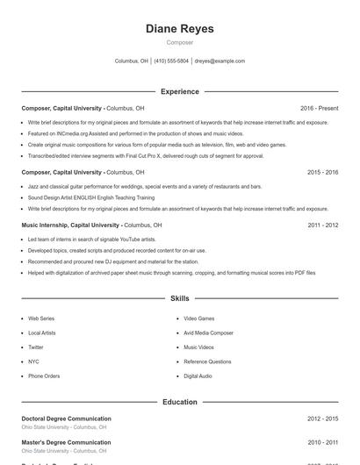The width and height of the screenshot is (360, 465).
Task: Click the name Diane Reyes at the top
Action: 179,28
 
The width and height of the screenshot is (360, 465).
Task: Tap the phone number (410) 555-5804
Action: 171,61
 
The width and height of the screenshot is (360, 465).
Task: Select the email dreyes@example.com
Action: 220,61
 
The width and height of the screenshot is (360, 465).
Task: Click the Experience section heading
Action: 179,91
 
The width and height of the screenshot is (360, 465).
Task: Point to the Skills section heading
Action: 179,299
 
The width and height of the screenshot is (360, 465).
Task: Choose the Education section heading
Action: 179,402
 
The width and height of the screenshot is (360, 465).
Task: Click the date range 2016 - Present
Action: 319,108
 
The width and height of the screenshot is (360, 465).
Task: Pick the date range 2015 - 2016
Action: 322,173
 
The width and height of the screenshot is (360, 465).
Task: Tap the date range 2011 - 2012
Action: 322,225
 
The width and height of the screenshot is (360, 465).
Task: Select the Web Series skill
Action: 41,318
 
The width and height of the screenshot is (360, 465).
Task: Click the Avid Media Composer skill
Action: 208,333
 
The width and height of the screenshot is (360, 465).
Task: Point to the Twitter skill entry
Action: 35,347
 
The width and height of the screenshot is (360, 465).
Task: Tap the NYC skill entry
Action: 33,361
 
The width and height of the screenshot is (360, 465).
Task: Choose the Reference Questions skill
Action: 207,361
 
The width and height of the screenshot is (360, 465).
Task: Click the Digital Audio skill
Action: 198,376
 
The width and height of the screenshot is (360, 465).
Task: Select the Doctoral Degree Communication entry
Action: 66,419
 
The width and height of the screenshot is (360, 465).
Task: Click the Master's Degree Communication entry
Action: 66,443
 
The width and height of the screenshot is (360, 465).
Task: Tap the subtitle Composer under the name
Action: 179,42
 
